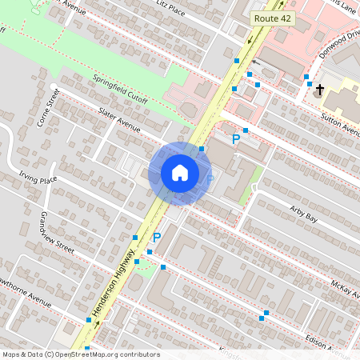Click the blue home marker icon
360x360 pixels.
pos(180,173)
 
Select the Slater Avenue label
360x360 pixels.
pos(119,120)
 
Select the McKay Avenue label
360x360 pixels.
pos(345,289)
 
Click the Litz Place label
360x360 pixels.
pos(170,10)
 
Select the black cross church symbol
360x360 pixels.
pos(319,89)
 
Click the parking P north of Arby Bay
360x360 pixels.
pos(236,139)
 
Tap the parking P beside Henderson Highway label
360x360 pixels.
pos(157,238)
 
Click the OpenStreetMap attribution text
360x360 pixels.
pos(80,354)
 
